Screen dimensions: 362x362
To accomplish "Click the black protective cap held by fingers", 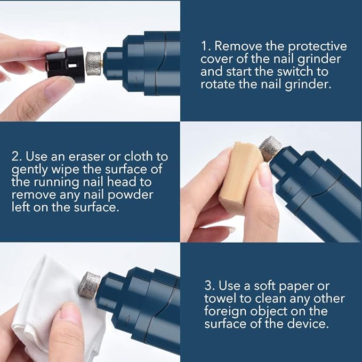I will [x=64, y=63].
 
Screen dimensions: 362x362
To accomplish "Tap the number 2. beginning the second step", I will [x=17, y=157].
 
